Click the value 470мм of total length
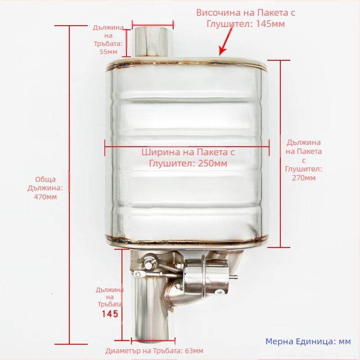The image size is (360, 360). tap(45, 197)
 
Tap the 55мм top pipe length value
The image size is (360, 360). tap(108, 52)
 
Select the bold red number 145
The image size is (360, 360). tap(110, 314)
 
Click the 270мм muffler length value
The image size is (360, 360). tap(304, 178)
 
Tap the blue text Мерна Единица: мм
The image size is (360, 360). tap(308, 342)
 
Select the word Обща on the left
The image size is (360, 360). tap(45, 179)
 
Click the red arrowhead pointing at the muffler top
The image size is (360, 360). tap(222, 51)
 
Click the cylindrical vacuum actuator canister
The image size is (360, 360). tap(207, 276)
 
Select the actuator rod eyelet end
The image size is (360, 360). tap(138, 273)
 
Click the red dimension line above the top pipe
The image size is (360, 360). tap(153, 24)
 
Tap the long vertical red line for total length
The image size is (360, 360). tap(69, 184)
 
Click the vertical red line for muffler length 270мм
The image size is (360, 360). tap(280, 154)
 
